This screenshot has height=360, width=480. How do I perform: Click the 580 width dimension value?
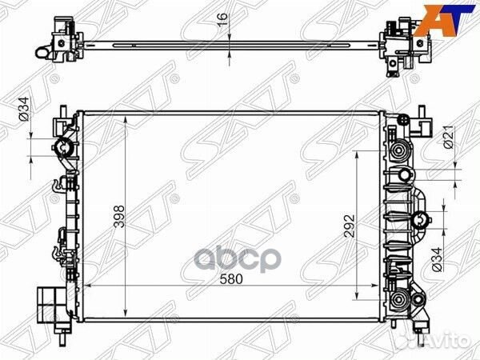tap(231, 279)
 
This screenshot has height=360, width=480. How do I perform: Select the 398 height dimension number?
tap(119, 217)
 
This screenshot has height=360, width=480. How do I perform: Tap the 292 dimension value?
tap(350, 226)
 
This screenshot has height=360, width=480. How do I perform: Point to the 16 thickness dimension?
tap(223, 20)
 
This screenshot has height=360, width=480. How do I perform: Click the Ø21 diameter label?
tap(450, 138)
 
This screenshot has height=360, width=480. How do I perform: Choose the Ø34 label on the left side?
tap(24, 109)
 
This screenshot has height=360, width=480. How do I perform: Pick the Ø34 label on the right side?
tap(437, 259)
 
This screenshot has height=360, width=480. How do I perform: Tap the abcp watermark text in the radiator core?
tap(238, 258)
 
